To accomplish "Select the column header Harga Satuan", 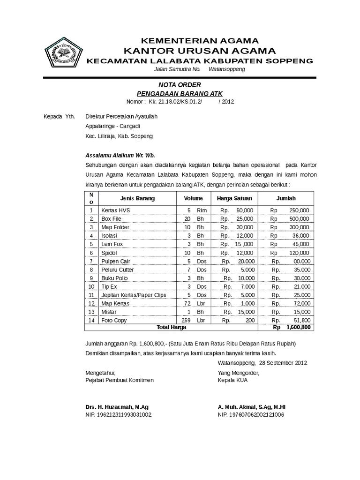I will [234, 198].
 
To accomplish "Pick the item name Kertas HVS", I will [113, 210].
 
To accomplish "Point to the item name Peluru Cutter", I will [118, 270].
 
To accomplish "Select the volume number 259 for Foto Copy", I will [186, 320].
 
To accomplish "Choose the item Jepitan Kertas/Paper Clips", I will [134, 295].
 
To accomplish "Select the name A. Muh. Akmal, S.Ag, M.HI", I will [252, 406].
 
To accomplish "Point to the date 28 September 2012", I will [282, 363].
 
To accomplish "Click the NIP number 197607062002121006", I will [251, 415].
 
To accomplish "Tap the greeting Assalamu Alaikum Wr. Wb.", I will [120, 155].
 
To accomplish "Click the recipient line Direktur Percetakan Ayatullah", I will [121, 116].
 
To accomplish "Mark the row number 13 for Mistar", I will [91, 312].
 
